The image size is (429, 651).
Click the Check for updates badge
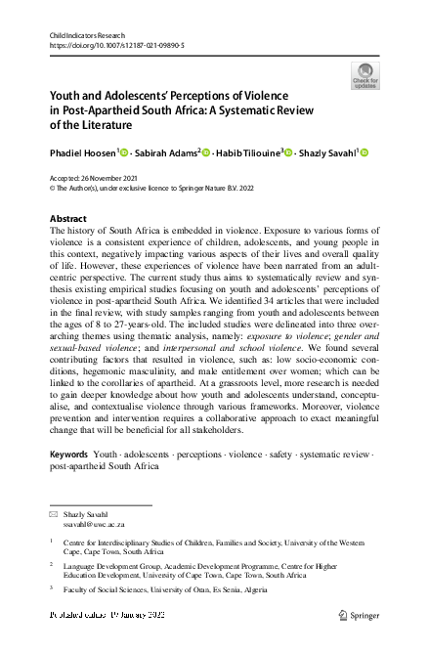[366, 75]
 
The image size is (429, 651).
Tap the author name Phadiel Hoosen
[83, 152]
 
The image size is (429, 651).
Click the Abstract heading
[68, 218]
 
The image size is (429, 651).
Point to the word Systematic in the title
[291, 110]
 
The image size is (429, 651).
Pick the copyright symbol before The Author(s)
[53, 189]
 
